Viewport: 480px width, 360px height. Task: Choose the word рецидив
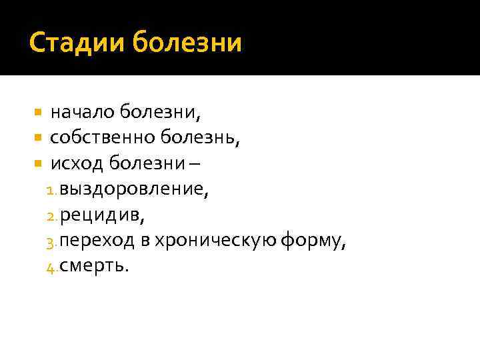point(103,215)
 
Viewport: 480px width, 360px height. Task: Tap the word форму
point(313,241)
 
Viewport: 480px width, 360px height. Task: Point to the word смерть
point(95,266)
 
